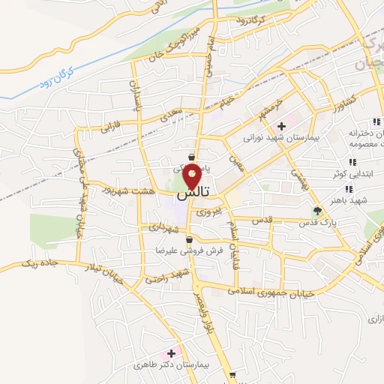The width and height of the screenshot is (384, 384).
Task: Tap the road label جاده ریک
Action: pos(37,263)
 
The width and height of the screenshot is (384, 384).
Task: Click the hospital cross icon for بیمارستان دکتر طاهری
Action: pos(172,352)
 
